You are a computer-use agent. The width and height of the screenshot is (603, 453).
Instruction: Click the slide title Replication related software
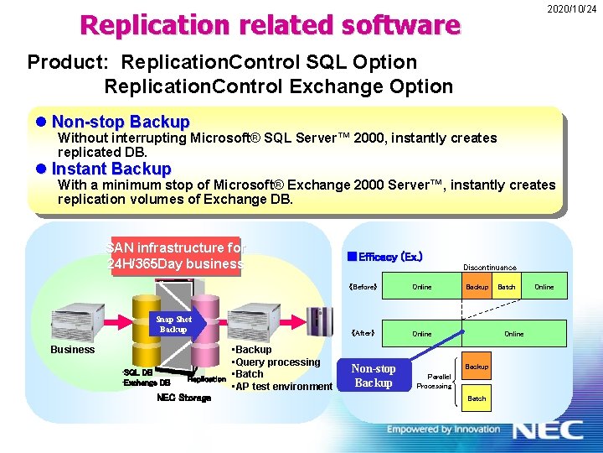270,25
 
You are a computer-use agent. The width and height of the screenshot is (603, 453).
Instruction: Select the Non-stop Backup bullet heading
121,122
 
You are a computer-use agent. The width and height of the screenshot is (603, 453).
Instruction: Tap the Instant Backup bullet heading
111,169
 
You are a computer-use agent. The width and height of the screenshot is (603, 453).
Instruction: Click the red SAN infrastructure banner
175,256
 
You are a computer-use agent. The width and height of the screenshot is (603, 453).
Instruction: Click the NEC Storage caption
183,398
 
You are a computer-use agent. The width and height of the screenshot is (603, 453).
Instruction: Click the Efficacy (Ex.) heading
384,257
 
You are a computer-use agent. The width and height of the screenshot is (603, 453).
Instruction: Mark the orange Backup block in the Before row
477,287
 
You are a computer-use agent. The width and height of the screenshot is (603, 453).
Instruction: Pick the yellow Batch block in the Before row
507,287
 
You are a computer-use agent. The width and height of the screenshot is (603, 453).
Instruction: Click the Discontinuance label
490,268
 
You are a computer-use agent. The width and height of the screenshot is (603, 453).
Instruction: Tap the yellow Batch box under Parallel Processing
477,398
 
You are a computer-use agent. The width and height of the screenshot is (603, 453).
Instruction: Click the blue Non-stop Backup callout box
374,376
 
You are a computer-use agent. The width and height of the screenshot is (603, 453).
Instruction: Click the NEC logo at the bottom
548,430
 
